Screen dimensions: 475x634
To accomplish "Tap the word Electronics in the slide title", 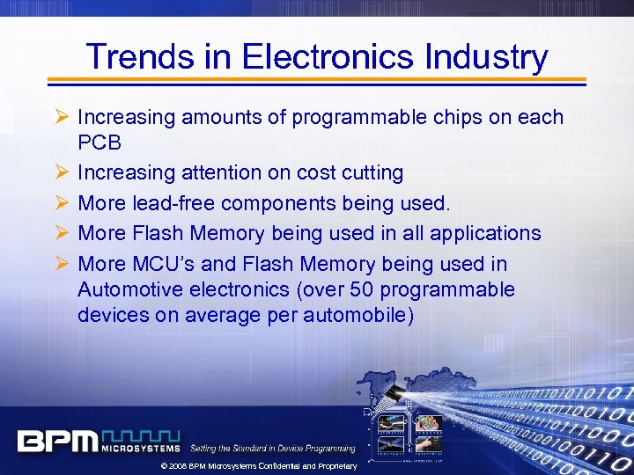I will tap(326, 57).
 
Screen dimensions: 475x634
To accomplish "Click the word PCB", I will tap(99, 142).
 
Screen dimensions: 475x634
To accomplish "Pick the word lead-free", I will tap(175, 203).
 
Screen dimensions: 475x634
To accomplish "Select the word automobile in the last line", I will tap(358, 315).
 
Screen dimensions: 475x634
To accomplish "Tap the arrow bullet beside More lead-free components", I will tap(61, 203).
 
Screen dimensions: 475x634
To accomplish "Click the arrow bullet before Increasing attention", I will tap(61, 173).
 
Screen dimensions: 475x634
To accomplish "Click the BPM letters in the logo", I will tap(57, 440).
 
